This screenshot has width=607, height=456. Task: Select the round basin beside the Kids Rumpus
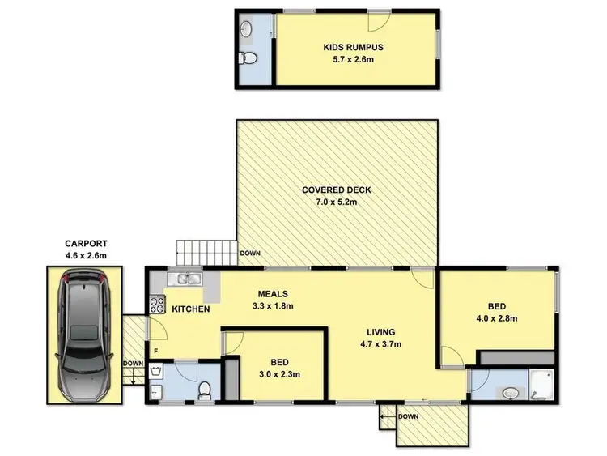pyautogui.click(x=247, y=31)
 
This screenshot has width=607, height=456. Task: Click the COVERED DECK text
pyautogui.click(x=336, y=190)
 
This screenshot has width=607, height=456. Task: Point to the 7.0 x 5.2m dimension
pyautogui.click(x=336, y=202)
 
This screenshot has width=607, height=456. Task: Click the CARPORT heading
pyautogui.click(x=86, y=243)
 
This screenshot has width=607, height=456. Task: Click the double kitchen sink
pyautogui.click(x=187, y=279)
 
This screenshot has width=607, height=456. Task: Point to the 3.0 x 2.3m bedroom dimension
pyautogui.click(x=274, y=373)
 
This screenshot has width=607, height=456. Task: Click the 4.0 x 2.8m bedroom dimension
pyautogui.click(x=497, y=318)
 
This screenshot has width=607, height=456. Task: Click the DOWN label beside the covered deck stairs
pyautogui.click(x=250, y=254)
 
